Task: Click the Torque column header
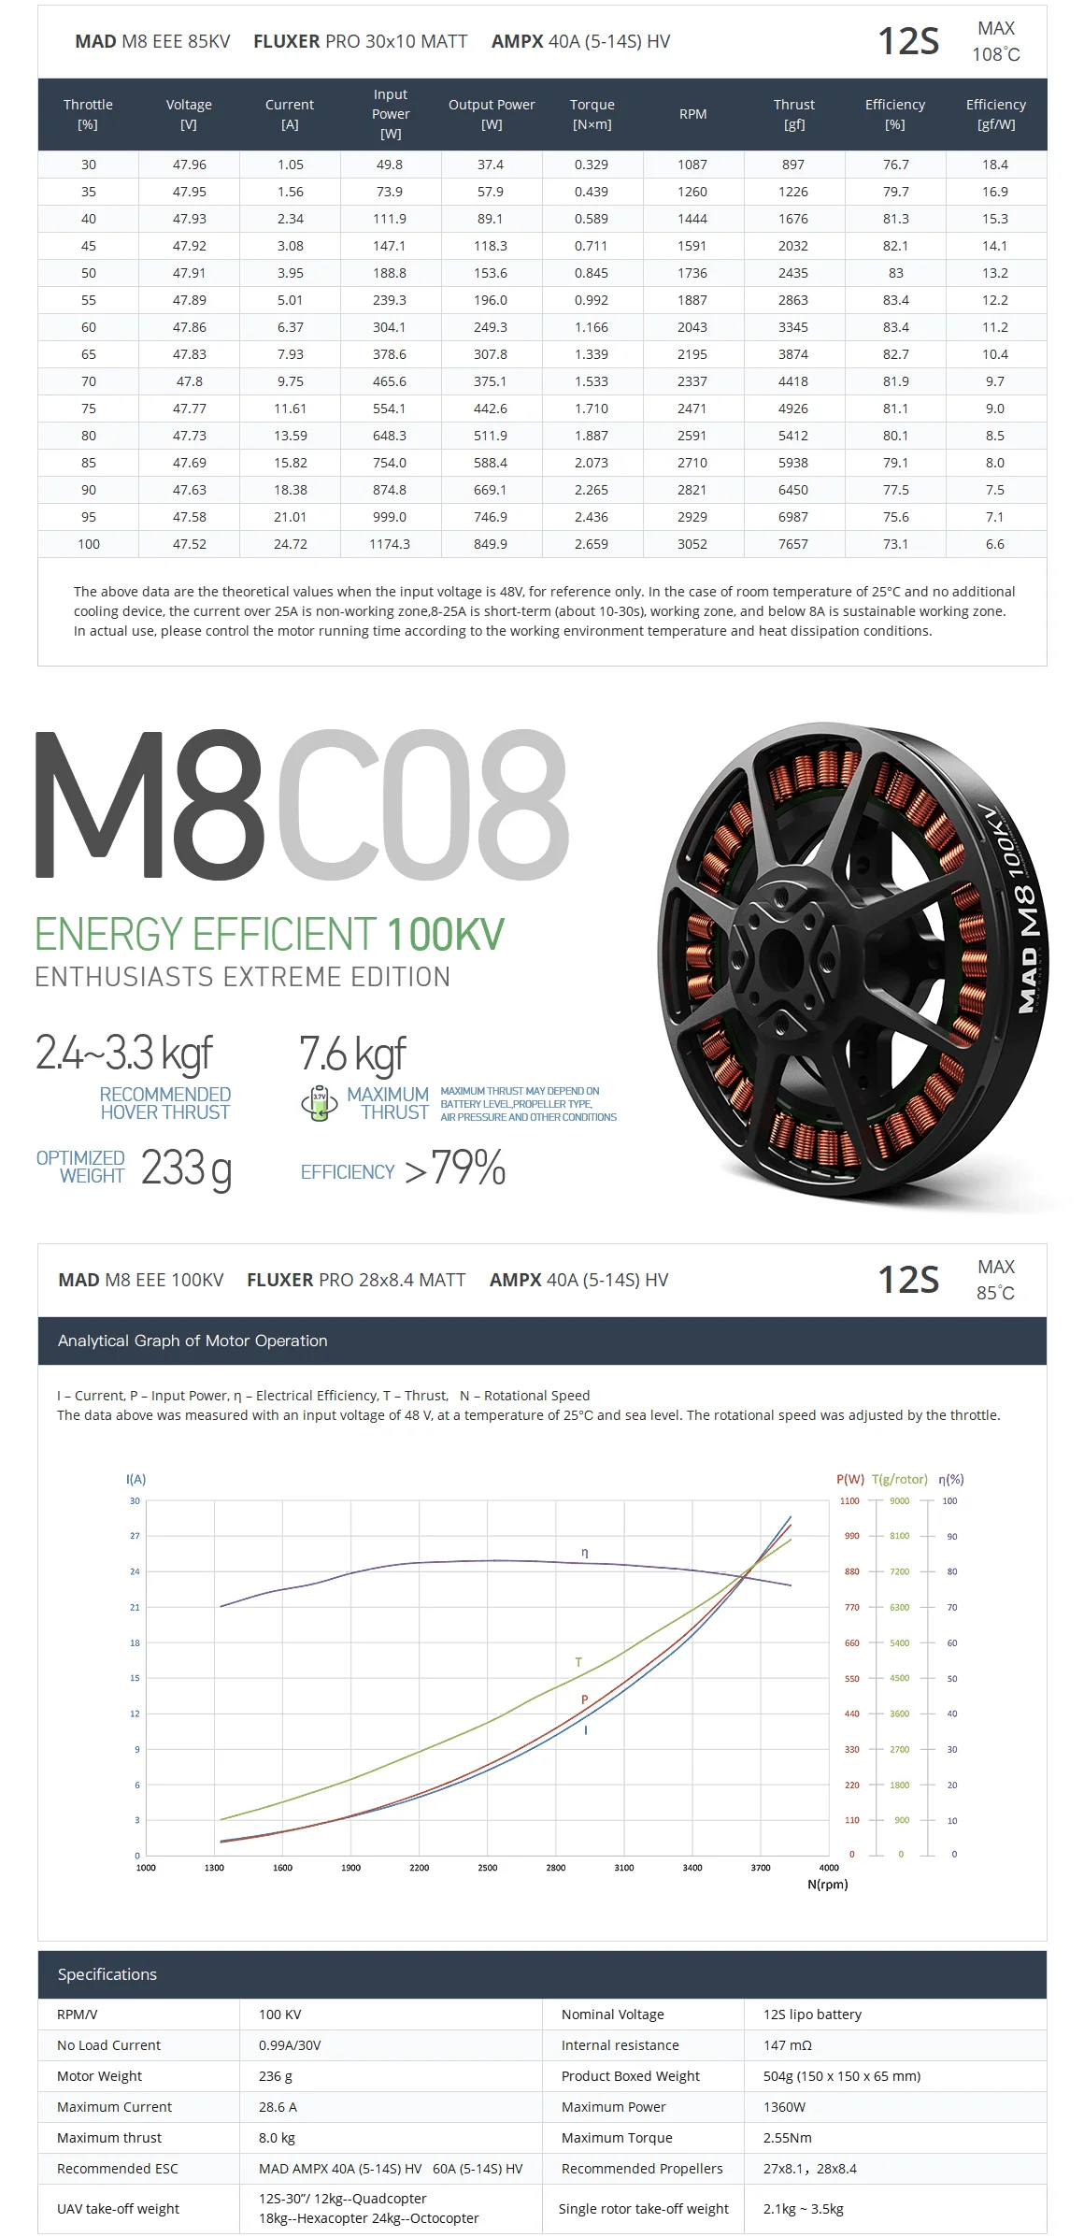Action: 592,114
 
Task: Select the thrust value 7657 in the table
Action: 792,544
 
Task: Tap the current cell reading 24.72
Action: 290,544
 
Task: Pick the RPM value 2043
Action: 692,327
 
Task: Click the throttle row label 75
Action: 89,409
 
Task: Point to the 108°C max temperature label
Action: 995,54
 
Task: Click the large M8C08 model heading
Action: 301,806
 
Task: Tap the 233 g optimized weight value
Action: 186,1169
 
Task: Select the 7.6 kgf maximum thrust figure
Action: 352,1054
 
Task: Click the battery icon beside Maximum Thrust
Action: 320,1103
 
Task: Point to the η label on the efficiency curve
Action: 585,1553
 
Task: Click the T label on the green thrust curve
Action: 578,1662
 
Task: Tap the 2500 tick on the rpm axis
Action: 488,1868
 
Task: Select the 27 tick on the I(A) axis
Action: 135,1536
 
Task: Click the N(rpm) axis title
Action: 827,1885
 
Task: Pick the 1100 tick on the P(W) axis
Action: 849,1501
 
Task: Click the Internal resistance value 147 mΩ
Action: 788,2045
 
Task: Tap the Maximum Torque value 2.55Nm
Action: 788,2138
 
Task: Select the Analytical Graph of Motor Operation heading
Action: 193,1341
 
